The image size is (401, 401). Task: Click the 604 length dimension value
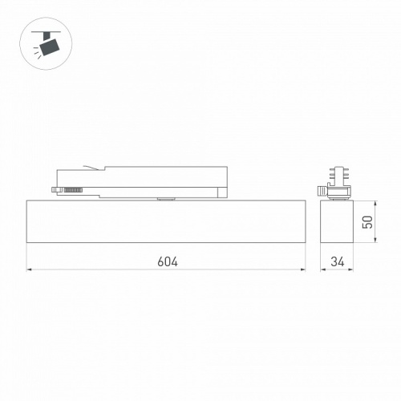click(168, 261)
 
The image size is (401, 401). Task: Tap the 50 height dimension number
click(368, 221)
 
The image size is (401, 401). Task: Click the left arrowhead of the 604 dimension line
click(30, 270)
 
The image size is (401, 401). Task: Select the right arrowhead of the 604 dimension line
click(305, 270)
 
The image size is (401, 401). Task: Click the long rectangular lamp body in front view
click(168, 221)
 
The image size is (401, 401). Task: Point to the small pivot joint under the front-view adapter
click(167, 198)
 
